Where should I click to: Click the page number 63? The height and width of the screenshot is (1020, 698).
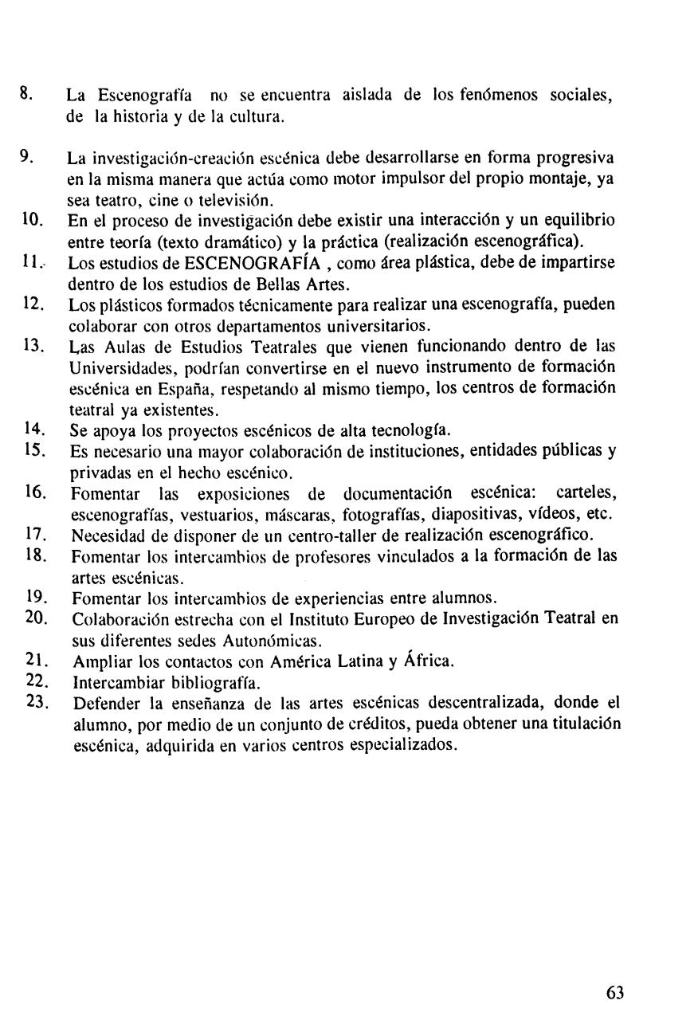(x=614, y=992)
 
